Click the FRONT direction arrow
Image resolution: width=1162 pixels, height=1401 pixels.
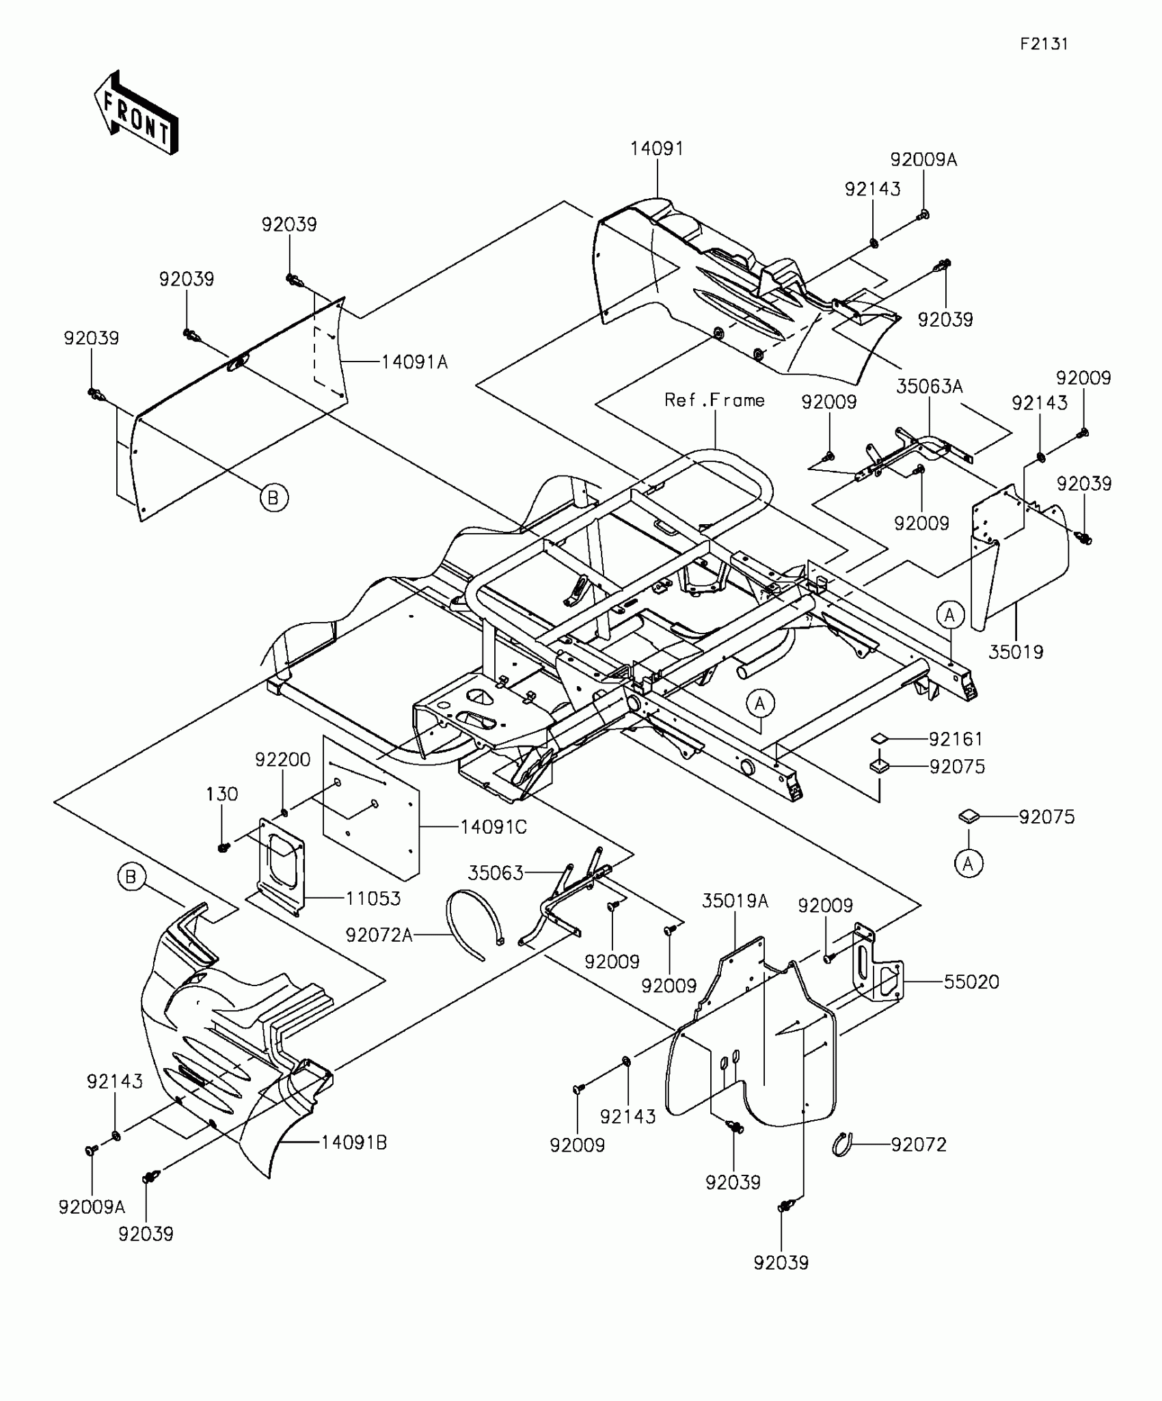coord(137,113)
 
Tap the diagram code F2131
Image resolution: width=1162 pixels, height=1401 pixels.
coord(1044,44)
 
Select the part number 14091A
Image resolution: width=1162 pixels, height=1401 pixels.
coord(414,362)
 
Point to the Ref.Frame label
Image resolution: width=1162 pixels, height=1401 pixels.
coord(714,400)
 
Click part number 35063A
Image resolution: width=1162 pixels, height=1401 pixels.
coord(929,387)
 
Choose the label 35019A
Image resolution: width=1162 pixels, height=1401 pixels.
coord(735,901)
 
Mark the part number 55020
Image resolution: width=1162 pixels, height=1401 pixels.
coord(971,982)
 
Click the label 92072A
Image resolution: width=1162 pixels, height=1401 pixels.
coord(379,935)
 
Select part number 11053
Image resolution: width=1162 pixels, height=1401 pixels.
coord(373,898)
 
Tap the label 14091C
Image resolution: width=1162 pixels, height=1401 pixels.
coord(494,827)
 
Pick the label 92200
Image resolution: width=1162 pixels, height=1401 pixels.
coord(283,759)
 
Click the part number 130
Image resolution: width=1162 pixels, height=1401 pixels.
coord(222,794)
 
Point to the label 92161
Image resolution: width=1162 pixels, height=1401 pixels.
coord(956,739)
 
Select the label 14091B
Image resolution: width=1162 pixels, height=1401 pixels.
coord(354,1143)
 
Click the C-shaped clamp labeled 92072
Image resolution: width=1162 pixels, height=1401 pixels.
coord(843,1144)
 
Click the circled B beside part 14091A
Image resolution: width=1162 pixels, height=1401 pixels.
coord(273,498)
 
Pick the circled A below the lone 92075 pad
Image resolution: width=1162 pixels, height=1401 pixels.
coord(968,864)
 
